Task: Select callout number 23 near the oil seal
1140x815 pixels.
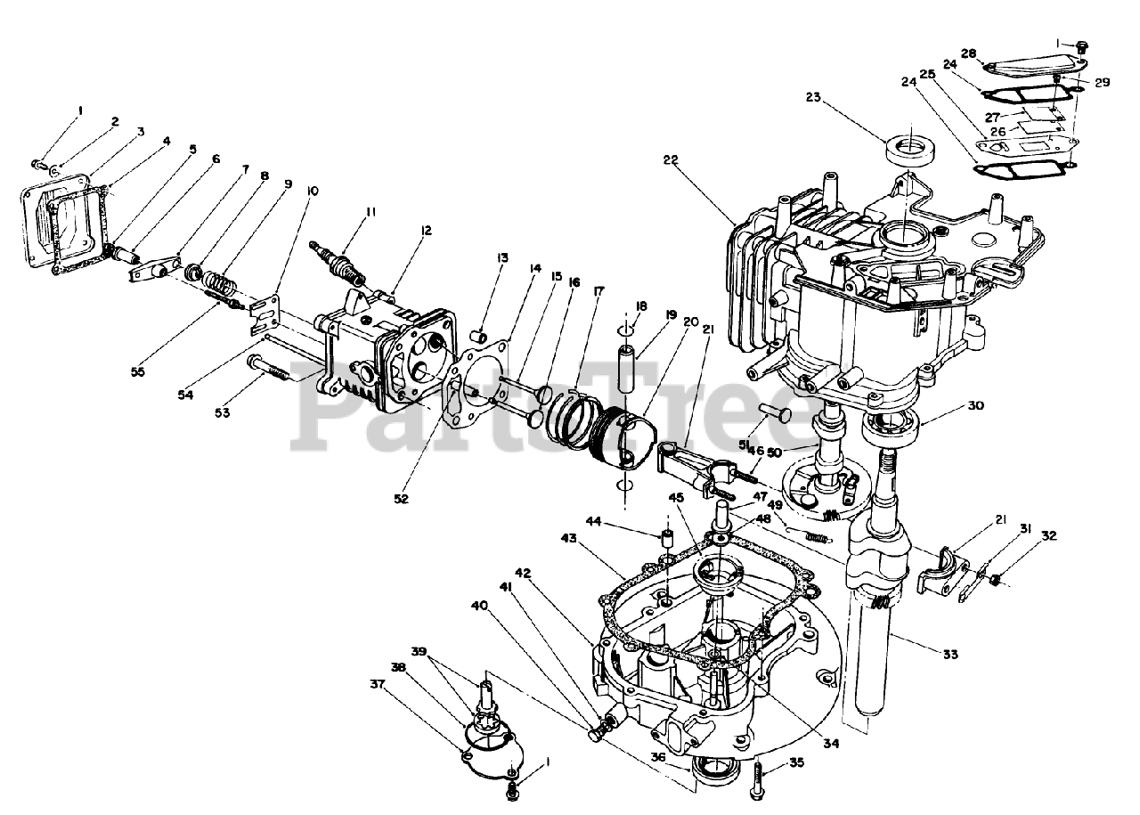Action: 814,97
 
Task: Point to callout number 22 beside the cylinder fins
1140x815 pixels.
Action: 671,160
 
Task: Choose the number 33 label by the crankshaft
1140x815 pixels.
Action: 949,655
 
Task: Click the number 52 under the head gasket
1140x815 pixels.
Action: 402,499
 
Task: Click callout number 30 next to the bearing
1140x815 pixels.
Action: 976,405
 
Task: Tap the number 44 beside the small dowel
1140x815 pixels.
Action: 593,521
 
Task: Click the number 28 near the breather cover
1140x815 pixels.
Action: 968,53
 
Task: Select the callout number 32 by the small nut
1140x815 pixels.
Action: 1048,536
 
